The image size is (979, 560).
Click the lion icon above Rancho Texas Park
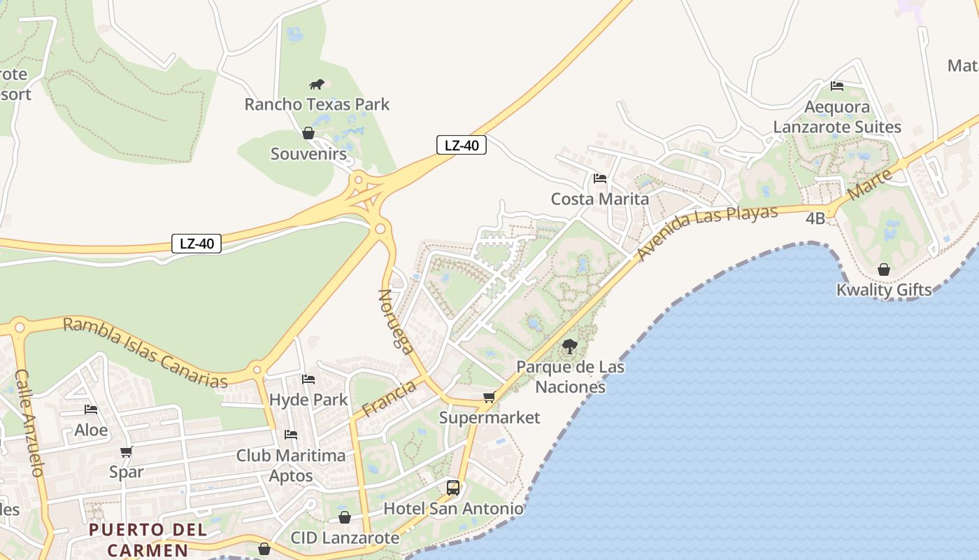click(x=317, y=85)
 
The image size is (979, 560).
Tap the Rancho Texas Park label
click(x=317, y=104)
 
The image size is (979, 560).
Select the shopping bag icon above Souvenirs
click(x=308, y=133)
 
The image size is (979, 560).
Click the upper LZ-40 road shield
click(x=462, y=145)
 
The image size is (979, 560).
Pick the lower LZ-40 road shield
click(x=196, y=244)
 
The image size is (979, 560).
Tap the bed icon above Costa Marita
click(x=599, y=178)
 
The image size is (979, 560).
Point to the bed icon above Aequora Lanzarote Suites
click(x=836, y=86)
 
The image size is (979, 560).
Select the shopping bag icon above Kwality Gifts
click(x=884, y=269)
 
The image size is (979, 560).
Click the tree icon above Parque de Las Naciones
click(x=570, y=346)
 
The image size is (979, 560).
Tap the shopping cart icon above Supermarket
click(x=489, y=398)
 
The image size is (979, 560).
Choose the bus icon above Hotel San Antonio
click(x=453, y=487)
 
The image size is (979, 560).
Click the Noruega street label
click(x=396, y=321)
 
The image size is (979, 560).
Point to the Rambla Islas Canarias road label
click(x=145, y=352)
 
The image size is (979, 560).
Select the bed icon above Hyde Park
click(x=308, y=379)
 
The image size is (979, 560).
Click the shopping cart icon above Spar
click(x=126, y=451)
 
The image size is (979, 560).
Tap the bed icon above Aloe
click(x=91, y=409)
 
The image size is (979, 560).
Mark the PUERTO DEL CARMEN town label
click(x=148, y=539)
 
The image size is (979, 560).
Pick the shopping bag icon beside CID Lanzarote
click(x=344, y=517)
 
